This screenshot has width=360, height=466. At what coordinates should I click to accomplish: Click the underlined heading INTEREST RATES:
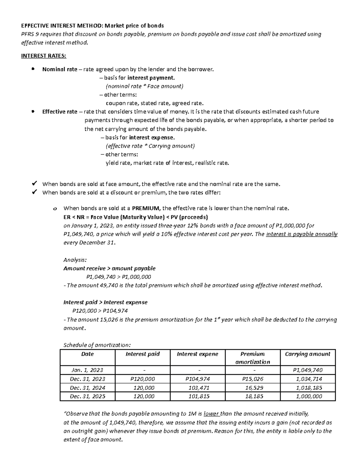click(44, 56)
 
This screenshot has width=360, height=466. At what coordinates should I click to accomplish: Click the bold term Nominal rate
click(60, 69)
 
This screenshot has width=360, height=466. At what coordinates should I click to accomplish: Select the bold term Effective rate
click(60, 112)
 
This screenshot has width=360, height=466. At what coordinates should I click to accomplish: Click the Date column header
click(87, 354)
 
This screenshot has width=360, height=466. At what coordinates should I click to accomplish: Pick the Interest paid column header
click(142, 354)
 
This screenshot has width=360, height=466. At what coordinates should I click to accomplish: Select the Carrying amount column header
click(307, 354)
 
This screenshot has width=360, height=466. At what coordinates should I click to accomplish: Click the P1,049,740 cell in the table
click(307, 370)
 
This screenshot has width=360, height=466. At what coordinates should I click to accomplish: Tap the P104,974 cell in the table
click(197, 379)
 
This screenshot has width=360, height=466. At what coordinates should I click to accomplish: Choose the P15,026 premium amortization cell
click(252, 379)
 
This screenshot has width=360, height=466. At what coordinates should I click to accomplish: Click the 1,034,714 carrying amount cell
click(309, 379)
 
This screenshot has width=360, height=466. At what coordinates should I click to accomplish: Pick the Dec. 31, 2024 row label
click(87, 388)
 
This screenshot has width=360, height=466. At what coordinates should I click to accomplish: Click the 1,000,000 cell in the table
click(309, 396)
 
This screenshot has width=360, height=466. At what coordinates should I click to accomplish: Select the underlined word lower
click(211, 414)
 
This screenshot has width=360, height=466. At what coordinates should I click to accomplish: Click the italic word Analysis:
click(75, 260)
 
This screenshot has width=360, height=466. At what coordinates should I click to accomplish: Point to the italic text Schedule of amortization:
click(97, 345)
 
